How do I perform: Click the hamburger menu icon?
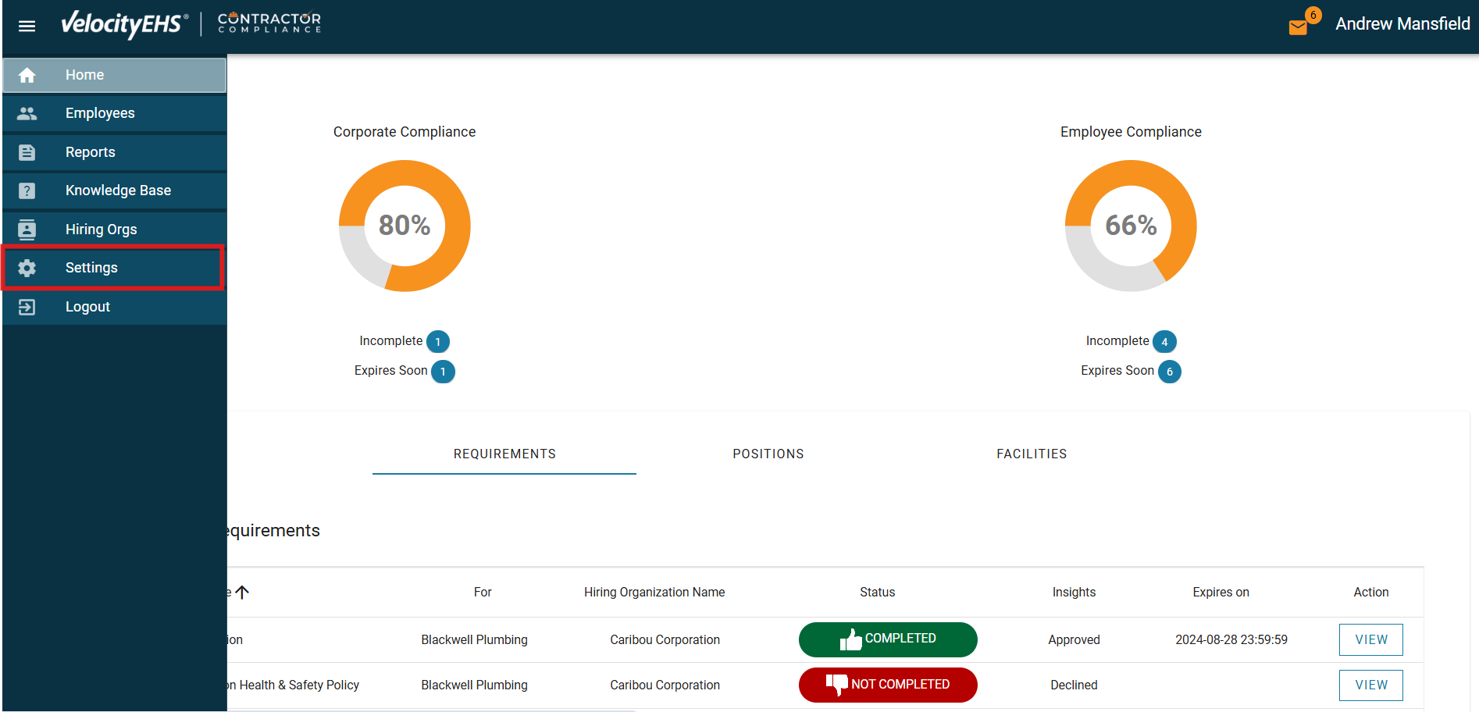pyautogui.click(x=27, y=27)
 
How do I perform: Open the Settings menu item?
pyautogui.click(x=91, y=268)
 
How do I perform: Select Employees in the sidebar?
pyautogui.click(x=100, y=113)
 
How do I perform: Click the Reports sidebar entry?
pyautogui.click(x=90, y=152)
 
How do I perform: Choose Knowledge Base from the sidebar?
pyautogui.click(x=118, y=190)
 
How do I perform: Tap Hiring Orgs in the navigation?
pyautogui.click(x=101, y=230)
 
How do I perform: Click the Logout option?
pyautogui.click(x=87, y=307)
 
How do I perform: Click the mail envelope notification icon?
pyautogui.click(x=1298, y=27)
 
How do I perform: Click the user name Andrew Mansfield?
pyautogui.click(x=1402, y=24)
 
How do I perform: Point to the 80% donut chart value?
pyautogui.click(x=404, y=226)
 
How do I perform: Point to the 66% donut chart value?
pyautogui.click(x=1131, y=226)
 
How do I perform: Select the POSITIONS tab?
pyautogui.click(x=768, y=454)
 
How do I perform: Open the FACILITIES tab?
pyautogui.click(x=1032, y=454)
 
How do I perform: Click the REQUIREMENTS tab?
pyautogui.click(x=504, y=454)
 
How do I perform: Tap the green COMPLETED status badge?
pyautogui.click(x=888, y=639)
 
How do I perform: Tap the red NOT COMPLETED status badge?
pyautogui.click(x=888, y=685)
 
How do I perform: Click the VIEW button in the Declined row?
pyautogui.click(x=1370, y=685)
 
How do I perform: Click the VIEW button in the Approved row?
pyautogui.click(x=1370, y=640)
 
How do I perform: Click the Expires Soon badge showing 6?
pyautogui.click(x=1169, y=372)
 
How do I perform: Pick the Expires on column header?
pyautogui.click(x=1221, y=593)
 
